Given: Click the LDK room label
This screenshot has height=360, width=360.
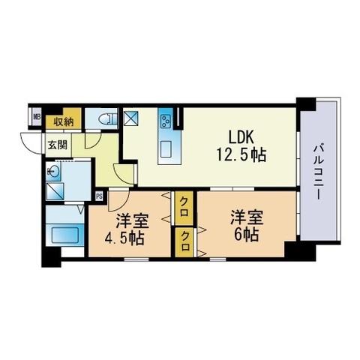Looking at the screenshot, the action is (x=241, y=137).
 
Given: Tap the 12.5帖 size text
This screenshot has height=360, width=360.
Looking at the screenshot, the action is (x=241, y=155).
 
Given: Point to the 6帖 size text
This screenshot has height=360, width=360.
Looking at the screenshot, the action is (x=246, y=235).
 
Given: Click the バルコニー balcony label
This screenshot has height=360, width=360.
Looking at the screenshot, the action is (x=319, y=172).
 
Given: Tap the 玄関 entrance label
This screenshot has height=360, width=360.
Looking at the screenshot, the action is (x=58, y=145).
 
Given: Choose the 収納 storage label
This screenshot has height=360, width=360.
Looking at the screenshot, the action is (x=64, y=122).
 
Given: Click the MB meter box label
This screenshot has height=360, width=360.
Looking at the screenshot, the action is (x=37, y=116).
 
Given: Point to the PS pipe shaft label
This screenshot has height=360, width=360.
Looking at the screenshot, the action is (x=99, y=196).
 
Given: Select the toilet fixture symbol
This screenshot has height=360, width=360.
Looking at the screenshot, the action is (x=107, y=118).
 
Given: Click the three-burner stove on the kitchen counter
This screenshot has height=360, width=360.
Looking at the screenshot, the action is (x=165, y=121).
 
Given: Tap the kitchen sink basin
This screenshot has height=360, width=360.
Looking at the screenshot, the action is (x=166, y=149).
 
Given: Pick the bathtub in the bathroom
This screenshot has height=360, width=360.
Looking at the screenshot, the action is (x=65, y=235).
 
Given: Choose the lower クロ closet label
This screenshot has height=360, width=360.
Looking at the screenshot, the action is (x=184, y=241).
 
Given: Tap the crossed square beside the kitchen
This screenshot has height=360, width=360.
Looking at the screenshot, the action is (x=133, y=118).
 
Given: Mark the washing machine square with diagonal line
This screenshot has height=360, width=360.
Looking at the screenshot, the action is (x=55, y=191).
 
